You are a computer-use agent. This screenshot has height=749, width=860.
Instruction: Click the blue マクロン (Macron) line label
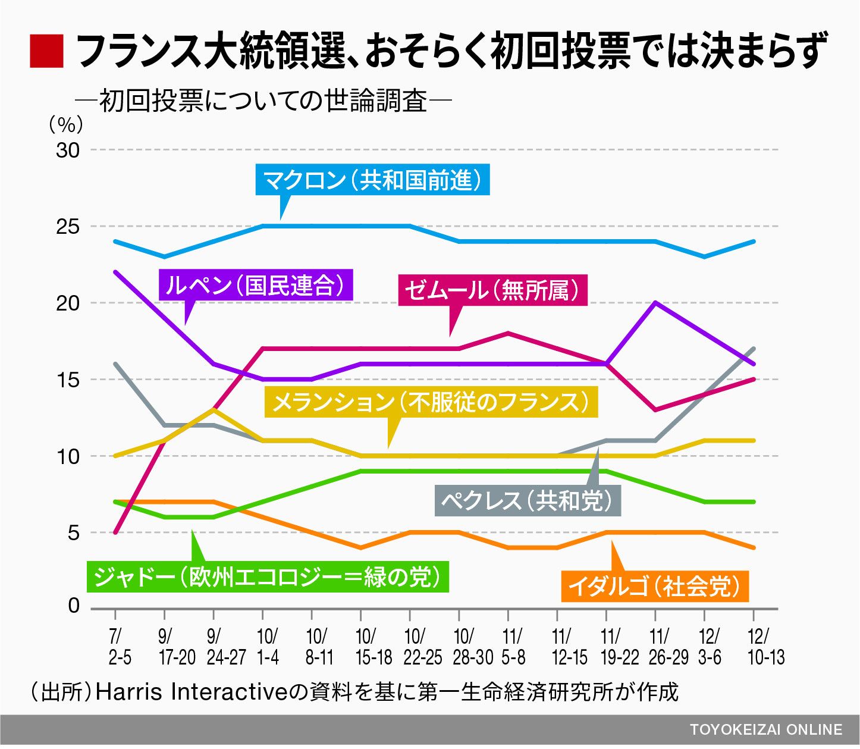point(372,180)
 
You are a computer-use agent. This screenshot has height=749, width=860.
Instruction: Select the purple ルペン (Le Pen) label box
point(256,286)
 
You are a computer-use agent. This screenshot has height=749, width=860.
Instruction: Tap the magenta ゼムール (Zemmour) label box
point(492,290)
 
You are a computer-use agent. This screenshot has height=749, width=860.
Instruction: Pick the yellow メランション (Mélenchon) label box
point(431,402)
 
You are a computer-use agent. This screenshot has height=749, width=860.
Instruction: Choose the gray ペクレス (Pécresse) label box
point(528,500)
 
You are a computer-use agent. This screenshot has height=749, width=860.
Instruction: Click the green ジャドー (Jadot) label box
point(268,576)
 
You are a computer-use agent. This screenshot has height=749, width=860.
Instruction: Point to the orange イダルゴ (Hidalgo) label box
point(654,586)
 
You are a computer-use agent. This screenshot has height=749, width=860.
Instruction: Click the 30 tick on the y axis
point(68,151)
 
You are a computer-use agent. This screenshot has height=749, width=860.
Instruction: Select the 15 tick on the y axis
point(68,380)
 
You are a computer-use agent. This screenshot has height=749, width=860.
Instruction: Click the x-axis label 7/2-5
point(117,647)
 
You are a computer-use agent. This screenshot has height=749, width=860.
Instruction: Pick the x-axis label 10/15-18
point(373,647)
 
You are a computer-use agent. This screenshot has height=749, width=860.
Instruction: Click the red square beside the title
point(46,51)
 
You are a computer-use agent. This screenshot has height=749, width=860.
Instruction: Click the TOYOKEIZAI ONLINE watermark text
point(766,730)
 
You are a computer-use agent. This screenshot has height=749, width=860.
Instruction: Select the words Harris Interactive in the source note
point(192,692)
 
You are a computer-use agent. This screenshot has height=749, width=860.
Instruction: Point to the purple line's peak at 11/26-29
point(655,303)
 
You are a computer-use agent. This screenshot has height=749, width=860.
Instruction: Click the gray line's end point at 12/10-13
point(753,349)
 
